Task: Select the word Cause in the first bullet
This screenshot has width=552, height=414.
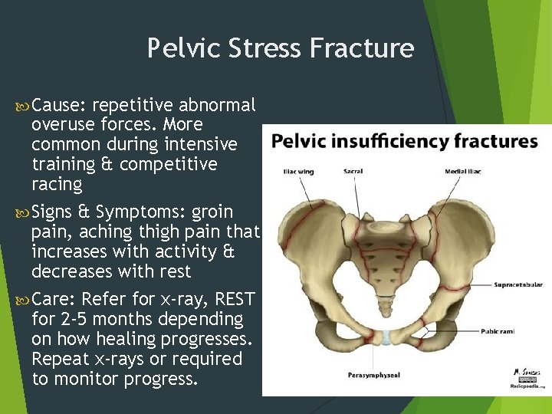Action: tap(51, 104)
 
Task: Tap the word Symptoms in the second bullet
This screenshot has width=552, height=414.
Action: tap(140, 212)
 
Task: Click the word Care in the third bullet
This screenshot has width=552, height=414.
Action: tap(51, 299)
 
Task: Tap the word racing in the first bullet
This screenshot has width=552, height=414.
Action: tap(56, 184)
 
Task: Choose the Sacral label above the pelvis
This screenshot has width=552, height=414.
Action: tap(353, 171)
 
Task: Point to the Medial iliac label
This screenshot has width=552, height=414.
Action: tap(462, 171)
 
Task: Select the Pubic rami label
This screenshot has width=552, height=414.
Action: tap(499, 332)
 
